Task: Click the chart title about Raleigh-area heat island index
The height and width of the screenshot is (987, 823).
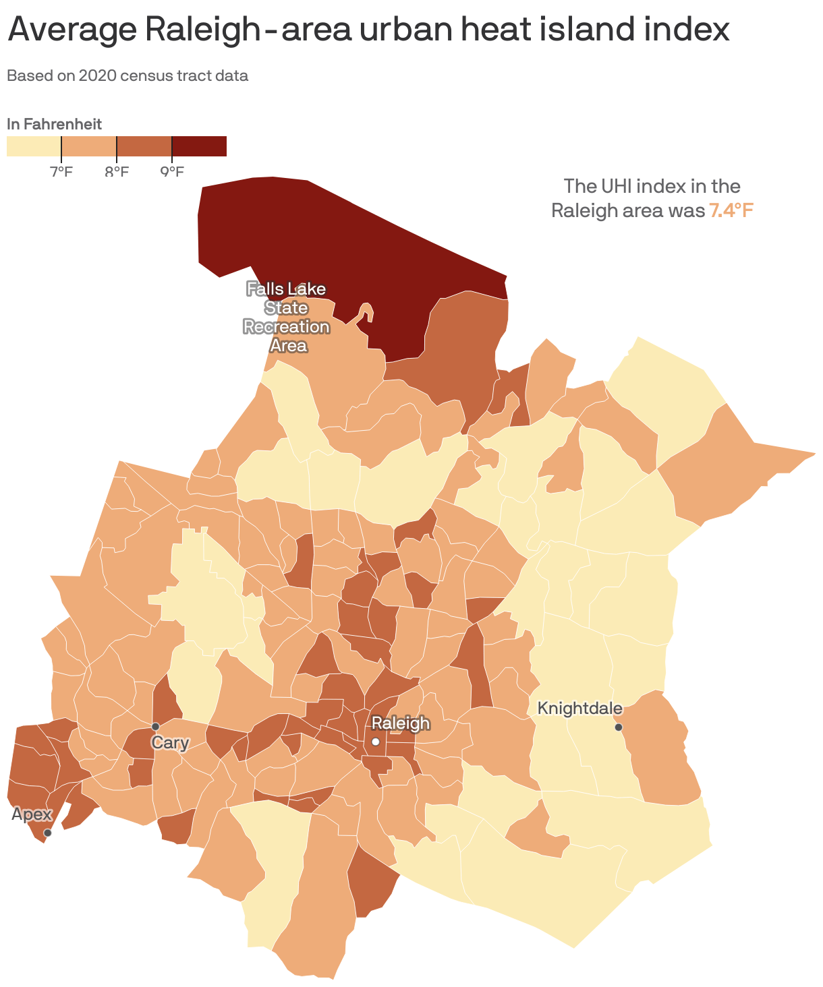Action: tap(368, 30)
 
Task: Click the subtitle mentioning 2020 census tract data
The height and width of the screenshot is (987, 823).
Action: tap(127, 76)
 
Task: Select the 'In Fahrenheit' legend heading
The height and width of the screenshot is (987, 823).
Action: tap(54, 124)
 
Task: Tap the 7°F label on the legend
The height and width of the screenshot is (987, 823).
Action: tap(61, 171)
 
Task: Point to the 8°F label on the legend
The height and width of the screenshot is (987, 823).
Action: tap(117, 171)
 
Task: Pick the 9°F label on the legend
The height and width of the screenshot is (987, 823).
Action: tap(172, 171)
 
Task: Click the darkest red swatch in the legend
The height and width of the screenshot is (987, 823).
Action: tap(199, 146)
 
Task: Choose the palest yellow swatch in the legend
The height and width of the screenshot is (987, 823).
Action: tap(34, 146)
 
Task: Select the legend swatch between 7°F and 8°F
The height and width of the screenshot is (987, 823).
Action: tap(89, 146)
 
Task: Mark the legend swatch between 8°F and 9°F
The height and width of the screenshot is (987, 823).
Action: tap(144, 146)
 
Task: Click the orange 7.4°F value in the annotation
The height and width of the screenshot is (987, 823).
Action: tap(731, 210)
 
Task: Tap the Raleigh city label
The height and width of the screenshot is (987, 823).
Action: tap(401, 723)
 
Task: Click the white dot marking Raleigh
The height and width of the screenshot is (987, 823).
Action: tap(376, 742)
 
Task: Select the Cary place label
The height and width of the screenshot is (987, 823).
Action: tap(170, 743)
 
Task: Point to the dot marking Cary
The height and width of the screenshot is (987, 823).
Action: tap(155, 726)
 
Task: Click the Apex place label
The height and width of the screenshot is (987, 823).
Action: tap(32, 814)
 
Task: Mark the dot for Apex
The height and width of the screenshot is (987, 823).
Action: tap(47, 833)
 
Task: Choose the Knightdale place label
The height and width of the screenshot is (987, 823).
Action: tap(579, 709)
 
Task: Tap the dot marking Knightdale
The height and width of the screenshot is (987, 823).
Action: tap(618, 727)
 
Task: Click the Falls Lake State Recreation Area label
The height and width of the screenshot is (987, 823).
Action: tap(286, 317)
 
